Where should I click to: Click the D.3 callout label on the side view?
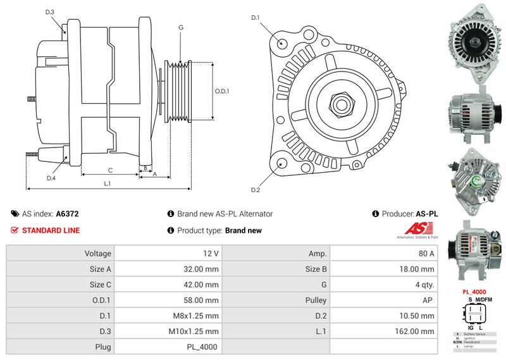coord(50,12)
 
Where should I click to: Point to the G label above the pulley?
coord(180,27)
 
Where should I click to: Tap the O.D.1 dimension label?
coord(221,90)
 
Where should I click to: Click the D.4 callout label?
coord(51,178)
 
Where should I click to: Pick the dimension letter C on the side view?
coord(110,170)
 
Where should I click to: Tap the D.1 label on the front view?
coord(256,17)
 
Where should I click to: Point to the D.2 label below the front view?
coord(256,190)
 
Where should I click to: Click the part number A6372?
coord(67,214)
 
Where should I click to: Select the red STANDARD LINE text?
coord(51,230)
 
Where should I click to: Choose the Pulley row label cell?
coord(317,300)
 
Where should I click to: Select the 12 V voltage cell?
coord(211,253)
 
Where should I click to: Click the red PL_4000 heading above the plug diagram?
coord(474,292)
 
